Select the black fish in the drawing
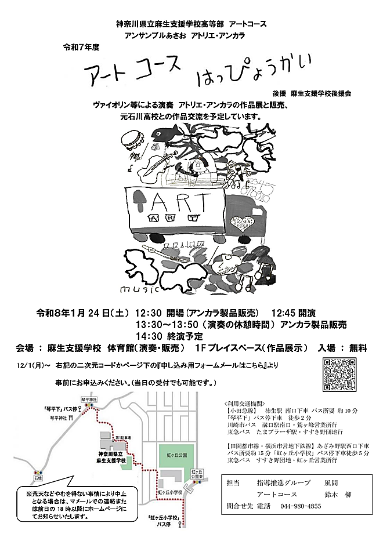click(x=168, y=135)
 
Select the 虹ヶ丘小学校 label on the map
click(x=169, y=492)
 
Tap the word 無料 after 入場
click(x=354, y=348)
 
